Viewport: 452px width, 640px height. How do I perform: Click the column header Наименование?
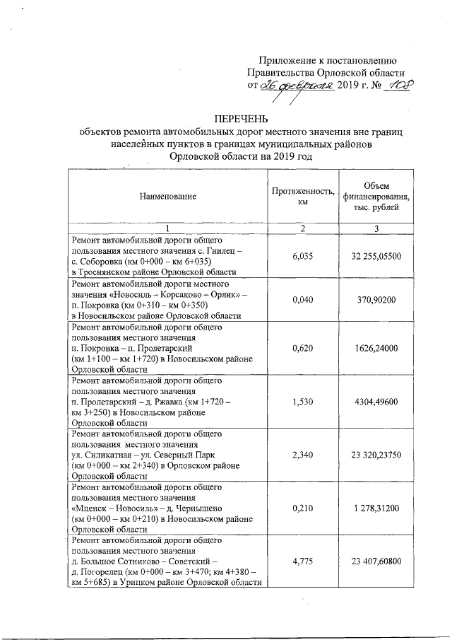167,196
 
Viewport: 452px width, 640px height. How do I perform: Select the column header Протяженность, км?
302,196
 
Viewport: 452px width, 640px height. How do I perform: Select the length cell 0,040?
302,300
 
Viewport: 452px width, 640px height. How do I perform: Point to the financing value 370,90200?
376,300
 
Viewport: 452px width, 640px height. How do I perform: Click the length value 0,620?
302,349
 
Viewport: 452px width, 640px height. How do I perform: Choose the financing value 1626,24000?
376,349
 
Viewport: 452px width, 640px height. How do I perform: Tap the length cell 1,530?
302,402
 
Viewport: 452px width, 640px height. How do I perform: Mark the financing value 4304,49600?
376,402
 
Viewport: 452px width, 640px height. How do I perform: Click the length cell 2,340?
302,455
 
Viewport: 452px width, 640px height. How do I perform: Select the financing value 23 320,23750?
376,455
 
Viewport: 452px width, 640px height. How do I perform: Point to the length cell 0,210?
302,508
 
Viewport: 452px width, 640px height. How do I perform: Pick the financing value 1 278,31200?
376,508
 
